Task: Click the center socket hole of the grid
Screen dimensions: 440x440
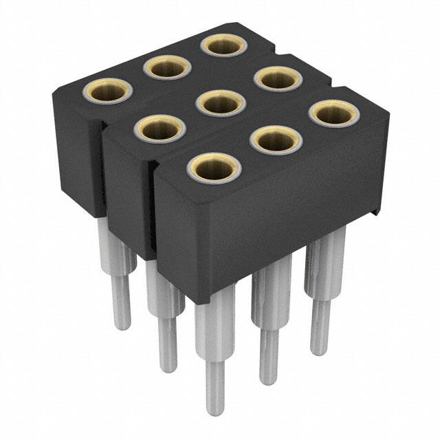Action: pos(219,104)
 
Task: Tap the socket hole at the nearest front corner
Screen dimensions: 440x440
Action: pos(213,166)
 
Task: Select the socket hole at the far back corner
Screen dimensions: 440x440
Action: pos(224,46)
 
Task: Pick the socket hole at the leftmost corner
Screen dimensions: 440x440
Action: pos(107,91)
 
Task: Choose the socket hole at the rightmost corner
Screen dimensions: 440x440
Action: pos(334,113)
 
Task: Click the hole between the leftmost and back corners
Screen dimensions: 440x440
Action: pos(166,67)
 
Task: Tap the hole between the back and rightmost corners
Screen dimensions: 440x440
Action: pos(279,78)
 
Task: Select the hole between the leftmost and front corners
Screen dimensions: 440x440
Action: pos(160,129)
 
